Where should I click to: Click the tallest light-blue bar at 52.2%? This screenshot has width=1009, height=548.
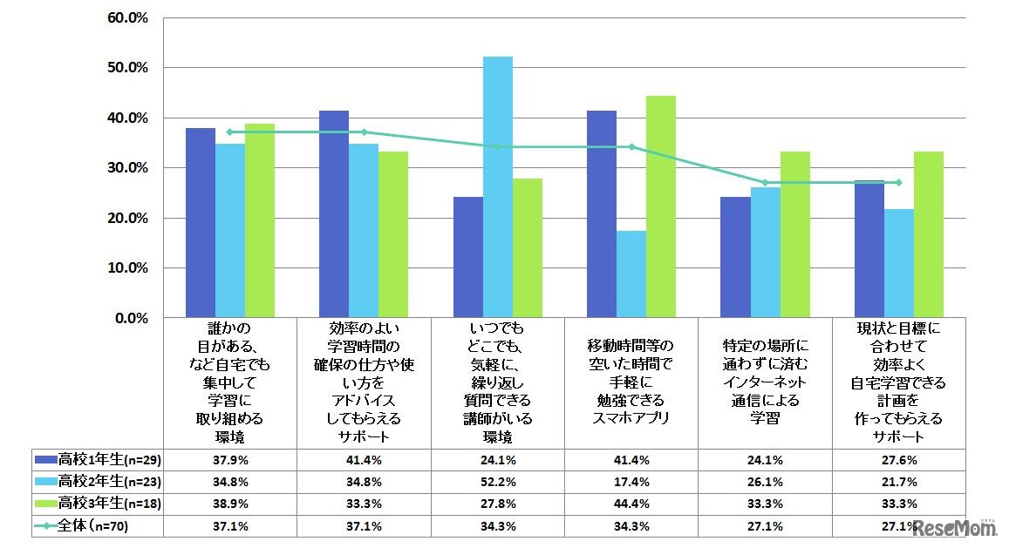(x=498, y=186)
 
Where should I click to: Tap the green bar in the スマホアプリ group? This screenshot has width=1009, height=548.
(x=661, y=206)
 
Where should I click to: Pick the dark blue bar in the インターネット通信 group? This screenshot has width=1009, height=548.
(x=735, y=257)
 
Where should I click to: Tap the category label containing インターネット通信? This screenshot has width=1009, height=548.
(x=765, y=381)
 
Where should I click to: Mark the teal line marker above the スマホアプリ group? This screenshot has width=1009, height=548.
(x=631, y=146)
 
